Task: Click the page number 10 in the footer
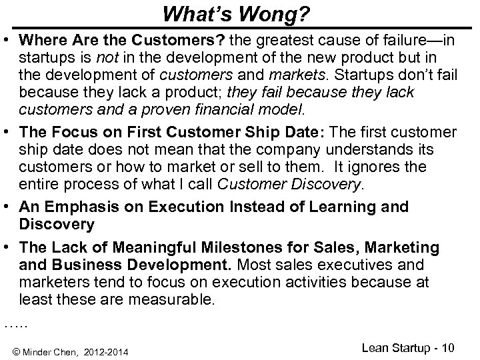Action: tap(460, 347)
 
